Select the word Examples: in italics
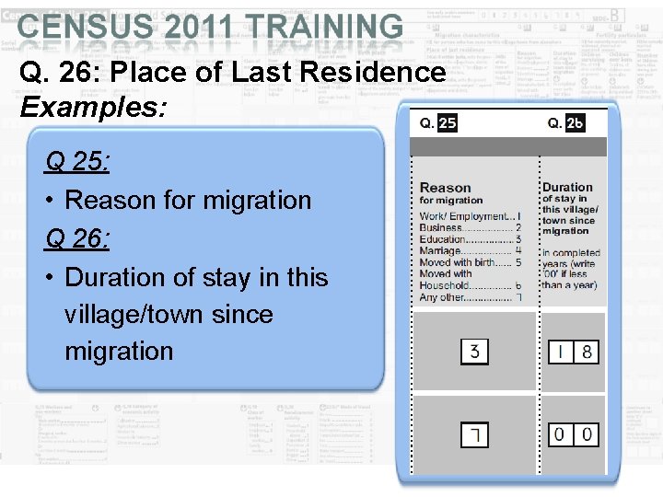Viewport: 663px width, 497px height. click(93, 108)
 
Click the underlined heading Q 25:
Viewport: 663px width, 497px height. click(77, 163)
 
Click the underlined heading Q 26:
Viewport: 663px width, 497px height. click(77, 240)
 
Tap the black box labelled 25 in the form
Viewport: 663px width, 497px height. click(447, 123)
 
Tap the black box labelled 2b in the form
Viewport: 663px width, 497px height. click(575, 123)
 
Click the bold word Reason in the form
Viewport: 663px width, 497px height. click(445, 188)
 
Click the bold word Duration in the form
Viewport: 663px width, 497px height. click(567, 187)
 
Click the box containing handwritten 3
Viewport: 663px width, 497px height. click(474, 352)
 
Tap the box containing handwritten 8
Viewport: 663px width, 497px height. click(587, 352)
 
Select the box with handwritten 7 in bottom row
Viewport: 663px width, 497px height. click(474, 433)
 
